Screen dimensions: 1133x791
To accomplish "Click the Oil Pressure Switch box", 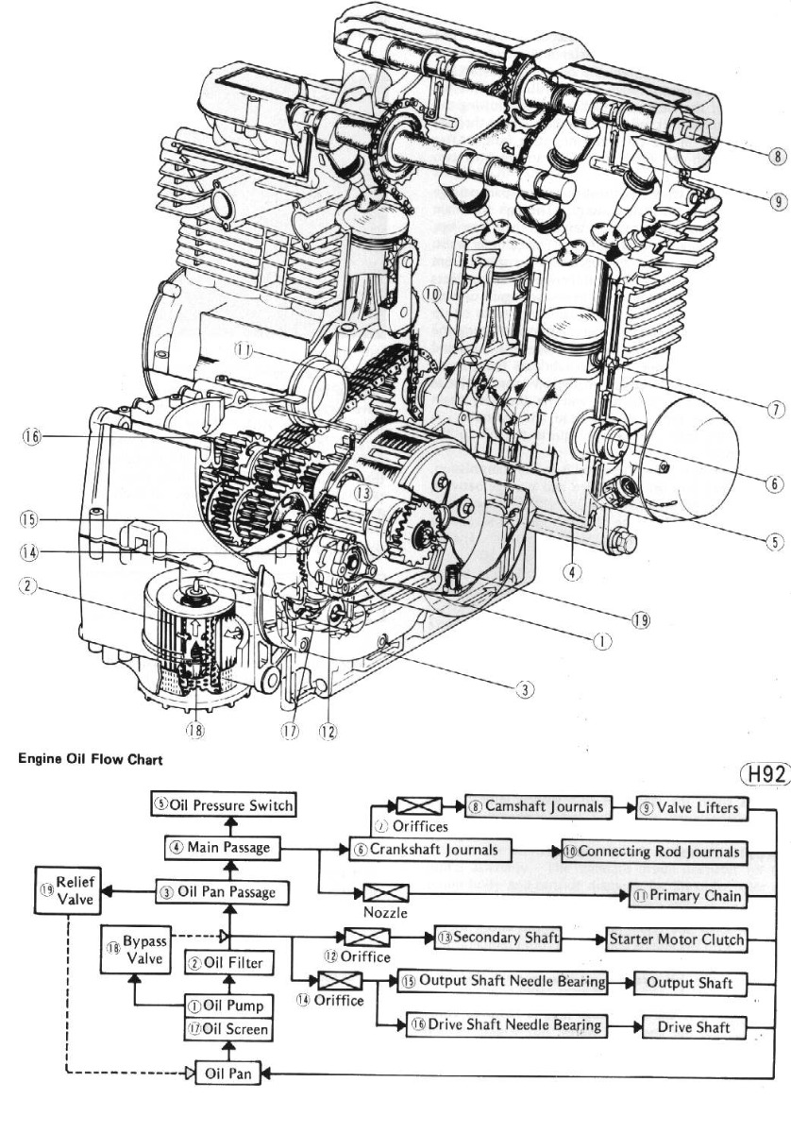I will (x=223, y=805).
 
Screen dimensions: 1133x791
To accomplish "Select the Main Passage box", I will (x=223, y=848).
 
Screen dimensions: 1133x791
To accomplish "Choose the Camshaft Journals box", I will (x=532, y=808).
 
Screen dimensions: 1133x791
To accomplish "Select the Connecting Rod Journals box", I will (x=652, y=851).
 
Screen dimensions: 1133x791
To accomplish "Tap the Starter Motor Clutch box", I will (x=675, y=939).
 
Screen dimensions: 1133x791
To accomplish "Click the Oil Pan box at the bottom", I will (x=227, y=1074).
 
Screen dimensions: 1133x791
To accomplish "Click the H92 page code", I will (x=765, y=774).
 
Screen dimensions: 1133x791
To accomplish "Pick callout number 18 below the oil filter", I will (x=195, y=729).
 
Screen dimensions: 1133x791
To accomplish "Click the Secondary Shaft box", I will (x=497, y=939).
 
